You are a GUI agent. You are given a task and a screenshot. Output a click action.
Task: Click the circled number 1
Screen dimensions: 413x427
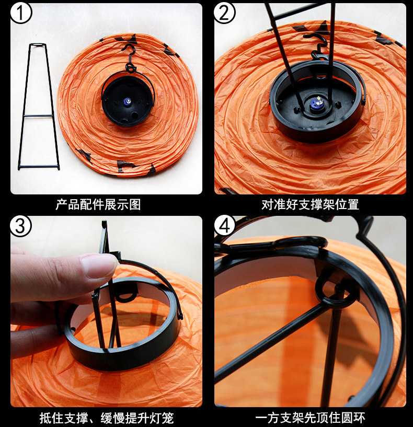[21, 13]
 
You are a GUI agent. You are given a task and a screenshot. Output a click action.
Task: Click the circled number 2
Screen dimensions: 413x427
[224, 13]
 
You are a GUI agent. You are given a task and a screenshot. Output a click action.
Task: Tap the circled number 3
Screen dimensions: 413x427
[21, 226]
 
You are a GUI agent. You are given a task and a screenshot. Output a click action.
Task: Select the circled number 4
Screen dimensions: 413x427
[224, 226]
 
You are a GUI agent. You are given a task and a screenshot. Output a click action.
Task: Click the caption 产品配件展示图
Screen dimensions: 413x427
[98, 204]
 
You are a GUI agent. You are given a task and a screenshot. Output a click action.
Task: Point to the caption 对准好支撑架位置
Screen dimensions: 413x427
[311, 204]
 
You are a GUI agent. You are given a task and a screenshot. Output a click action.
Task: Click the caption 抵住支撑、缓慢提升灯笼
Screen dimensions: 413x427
[107, 418]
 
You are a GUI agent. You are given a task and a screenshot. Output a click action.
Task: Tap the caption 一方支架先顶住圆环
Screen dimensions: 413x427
[310, 418]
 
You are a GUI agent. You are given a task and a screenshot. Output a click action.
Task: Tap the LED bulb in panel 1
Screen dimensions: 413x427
[127, 102]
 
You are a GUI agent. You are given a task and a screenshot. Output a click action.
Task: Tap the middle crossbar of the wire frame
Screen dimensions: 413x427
[38, 116]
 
